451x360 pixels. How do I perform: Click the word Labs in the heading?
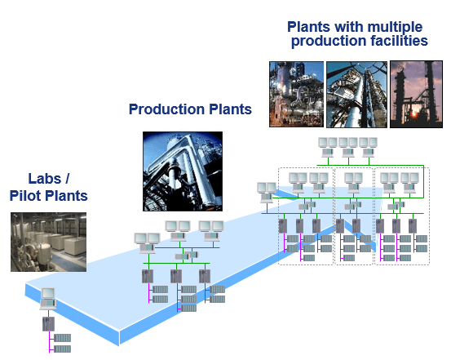[x=45, y=179]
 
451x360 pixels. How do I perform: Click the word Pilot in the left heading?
[x=26, y=196]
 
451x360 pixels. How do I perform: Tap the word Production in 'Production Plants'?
[x=167, y=109]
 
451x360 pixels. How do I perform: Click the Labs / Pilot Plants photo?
[x=48, y=242]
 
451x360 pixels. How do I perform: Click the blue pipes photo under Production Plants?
[x=183, y=171]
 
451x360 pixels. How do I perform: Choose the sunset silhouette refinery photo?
[x=416, y=94]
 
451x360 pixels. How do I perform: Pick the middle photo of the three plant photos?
[x=356, y=94]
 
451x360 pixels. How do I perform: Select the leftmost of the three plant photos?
[x=296, y=94]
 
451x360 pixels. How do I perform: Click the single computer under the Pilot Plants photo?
[x=48, y=299]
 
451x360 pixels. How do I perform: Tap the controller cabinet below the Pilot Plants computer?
[x=48, y=324]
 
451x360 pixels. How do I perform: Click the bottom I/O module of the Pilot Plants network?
[x=63, y=349]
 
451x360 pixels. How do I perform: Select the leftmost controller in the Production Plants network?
[x=148, y=276]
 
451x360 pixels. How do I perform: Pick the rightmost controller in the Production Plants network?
[x=205, y=276]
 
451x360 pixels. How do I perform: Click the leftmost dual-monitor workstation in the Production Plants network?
[x=147, y=243]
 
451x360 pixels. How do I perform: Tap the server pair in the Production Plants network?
[x=187, y=256]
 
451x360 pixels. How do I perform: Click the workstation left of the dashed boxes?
[x=267, y=193]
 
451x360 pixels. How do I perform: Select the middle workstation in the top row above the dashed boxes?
[x=348, y=147]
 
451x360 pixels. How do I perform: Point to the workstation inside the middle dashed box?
[x=353, y=183]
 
